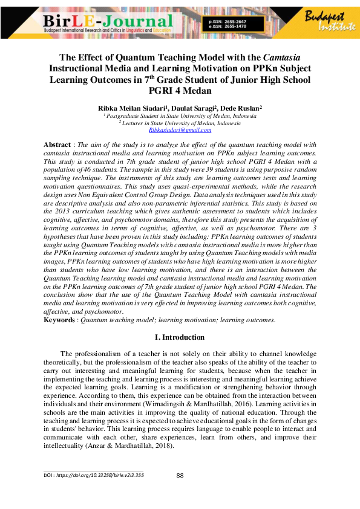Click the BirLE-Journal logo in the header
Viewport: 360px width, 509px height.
coord(109,23)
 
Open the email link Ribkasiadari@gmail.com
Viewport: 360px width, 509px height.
coord(180,130)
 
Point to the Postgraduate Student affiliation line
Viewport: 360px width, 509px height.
coord(180,115)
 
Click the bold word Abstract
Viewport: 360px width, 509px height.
coord(57,145)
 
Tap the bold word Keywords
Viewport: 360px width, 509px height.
coord(59,319)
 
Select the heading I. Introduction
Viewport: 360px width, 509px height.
coord(180,337)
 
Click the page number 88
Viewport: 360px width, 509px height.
coord(180,475)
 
